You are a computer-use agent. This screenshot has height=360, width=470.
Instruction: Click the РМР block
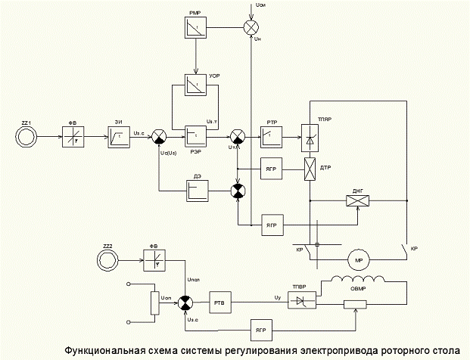195,28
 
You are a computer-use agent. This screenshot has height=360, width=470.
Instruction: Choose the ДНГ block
356,200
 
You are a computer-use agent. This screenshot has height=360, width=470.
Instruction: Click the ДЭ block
196,190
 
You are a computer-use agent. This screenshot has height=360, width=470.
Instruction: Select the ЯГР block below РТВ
261,331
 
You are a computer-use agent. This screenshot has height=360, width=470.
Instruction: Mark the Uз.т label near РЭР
213,120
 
